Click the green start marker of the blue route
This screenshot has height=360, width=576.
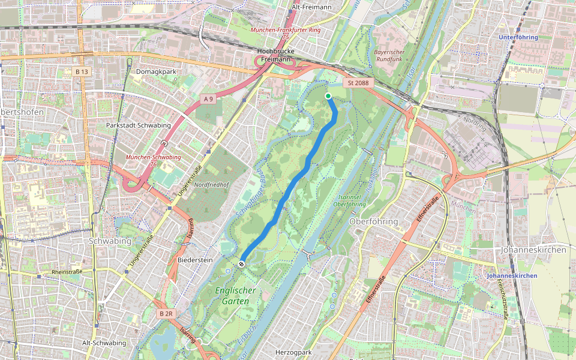click(x=328, y=96)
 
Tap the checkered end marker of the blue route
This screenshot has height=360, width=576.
click(x=242, y=263)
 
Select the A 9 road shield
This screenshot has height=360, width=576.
click(x=208, y=98)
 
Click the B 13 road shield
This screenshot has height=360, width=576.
click(x=82, y=72)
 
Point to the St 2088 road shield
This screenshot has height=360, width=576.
click(x=358, y=83)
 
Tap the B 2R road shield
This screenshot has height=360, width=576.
click(x=166, y=314)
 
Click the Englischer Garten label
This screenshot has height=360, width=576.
click(x=235, y=296)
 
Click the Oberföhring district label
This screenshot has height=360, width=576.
click(x=373, y=221)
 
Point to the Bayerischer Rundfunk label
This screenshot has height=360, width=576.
click(x=389, y=56)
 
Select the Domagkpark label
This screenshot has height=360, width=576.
click(x=156, y=72)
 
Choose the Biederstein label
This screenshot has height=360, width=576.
click(x=195, y=260)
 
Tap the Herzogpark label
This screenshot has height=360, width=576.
click(x=295, y=352)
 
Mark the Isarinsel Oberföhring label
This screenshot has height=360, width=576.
click(x=349, y=200)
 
